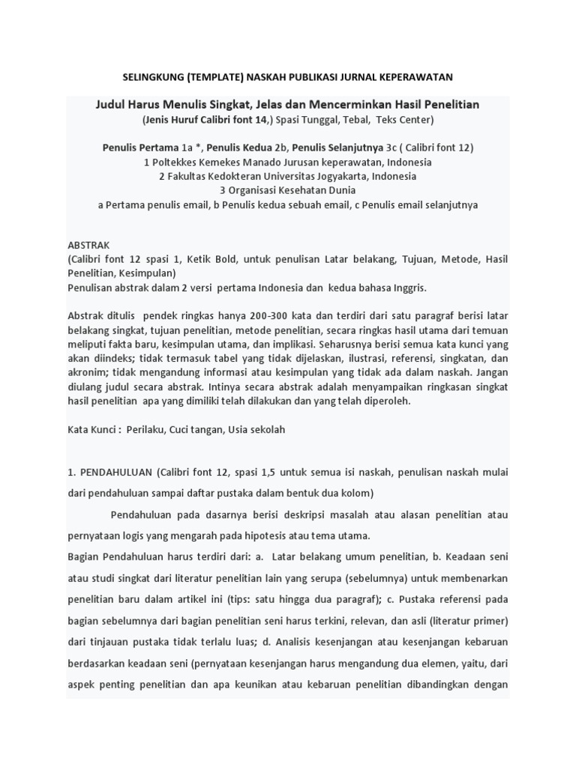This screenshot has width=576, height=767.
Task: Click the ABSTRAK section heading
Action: point(88,245)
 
